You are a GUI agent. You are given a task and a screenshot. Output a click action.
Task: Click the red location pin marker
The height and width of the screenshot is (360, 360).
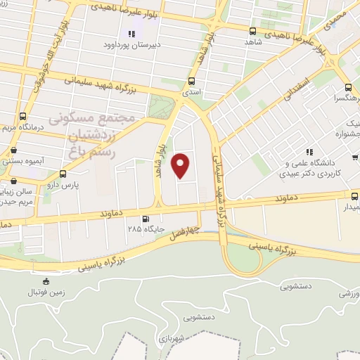coord(182,165)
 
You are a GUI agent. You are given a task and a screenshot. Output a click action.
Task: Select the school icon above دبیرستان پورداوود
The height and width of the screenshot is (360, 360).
coord(131,34)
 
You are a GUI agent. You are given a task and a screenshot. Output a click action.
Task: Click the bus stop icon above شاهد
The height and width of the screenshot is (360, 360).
coord(253,30)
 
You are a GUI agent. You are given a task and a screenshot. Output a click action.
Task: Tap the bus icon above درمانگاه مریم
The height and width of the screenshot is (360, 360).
coord(24,115)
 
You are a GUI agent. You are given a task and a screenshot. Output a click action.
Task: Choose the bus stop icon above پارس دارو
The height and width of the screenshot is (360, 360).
coord(64,173)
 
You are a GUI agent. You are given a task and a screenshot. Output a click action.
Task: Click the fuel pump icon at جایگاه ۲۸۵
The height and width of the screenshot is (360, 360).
coord(146,219)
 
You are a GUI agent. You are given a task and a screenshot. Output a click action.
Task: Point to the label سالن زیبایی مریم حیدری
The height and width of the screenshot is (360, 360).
coord(15,196)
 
